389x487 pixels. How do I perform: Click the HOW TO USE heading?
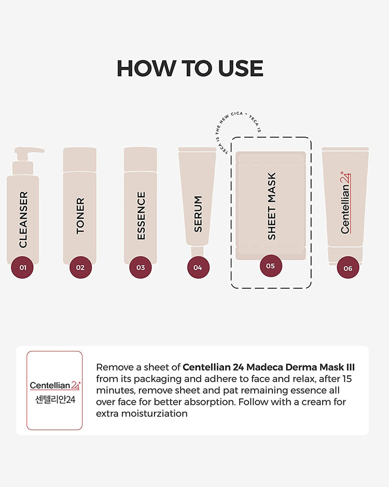click(x=190, y=69)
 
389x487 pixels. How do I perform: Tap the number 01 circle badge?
click(x=22, y=267)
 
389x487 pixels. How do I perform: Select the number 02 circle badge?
click(x=80, y=267)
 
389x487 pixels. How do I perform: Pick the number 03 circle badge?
click(x=141, y=267)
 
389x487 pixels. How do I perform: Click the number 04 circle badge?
click(x=198, y=267)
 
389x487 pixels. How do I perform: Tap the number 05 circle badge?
click(x=270, y=266)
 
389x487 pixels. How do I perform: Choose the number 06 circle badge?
click(x=348, y=268)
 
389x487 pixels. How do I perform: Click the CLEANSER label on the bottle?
click(x=23, y=220)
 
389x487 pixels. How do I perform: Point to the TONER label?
click(x=80, y=215)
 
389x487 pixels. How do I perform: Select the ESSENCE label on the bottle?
click(x=141, y=216)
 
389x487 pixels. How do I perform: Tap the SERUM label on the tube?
click(x=198, y=213)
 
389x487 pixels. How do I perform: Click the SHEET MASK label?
click(x=271, y=206)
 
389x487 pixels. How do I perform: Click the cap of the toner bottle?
click(x=80, y=159)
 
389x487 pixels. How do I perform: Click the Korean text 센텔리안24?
click(x=54, y=401)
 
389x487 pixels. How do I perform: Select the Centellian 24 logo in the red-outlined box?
click(x=54, y=385)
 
